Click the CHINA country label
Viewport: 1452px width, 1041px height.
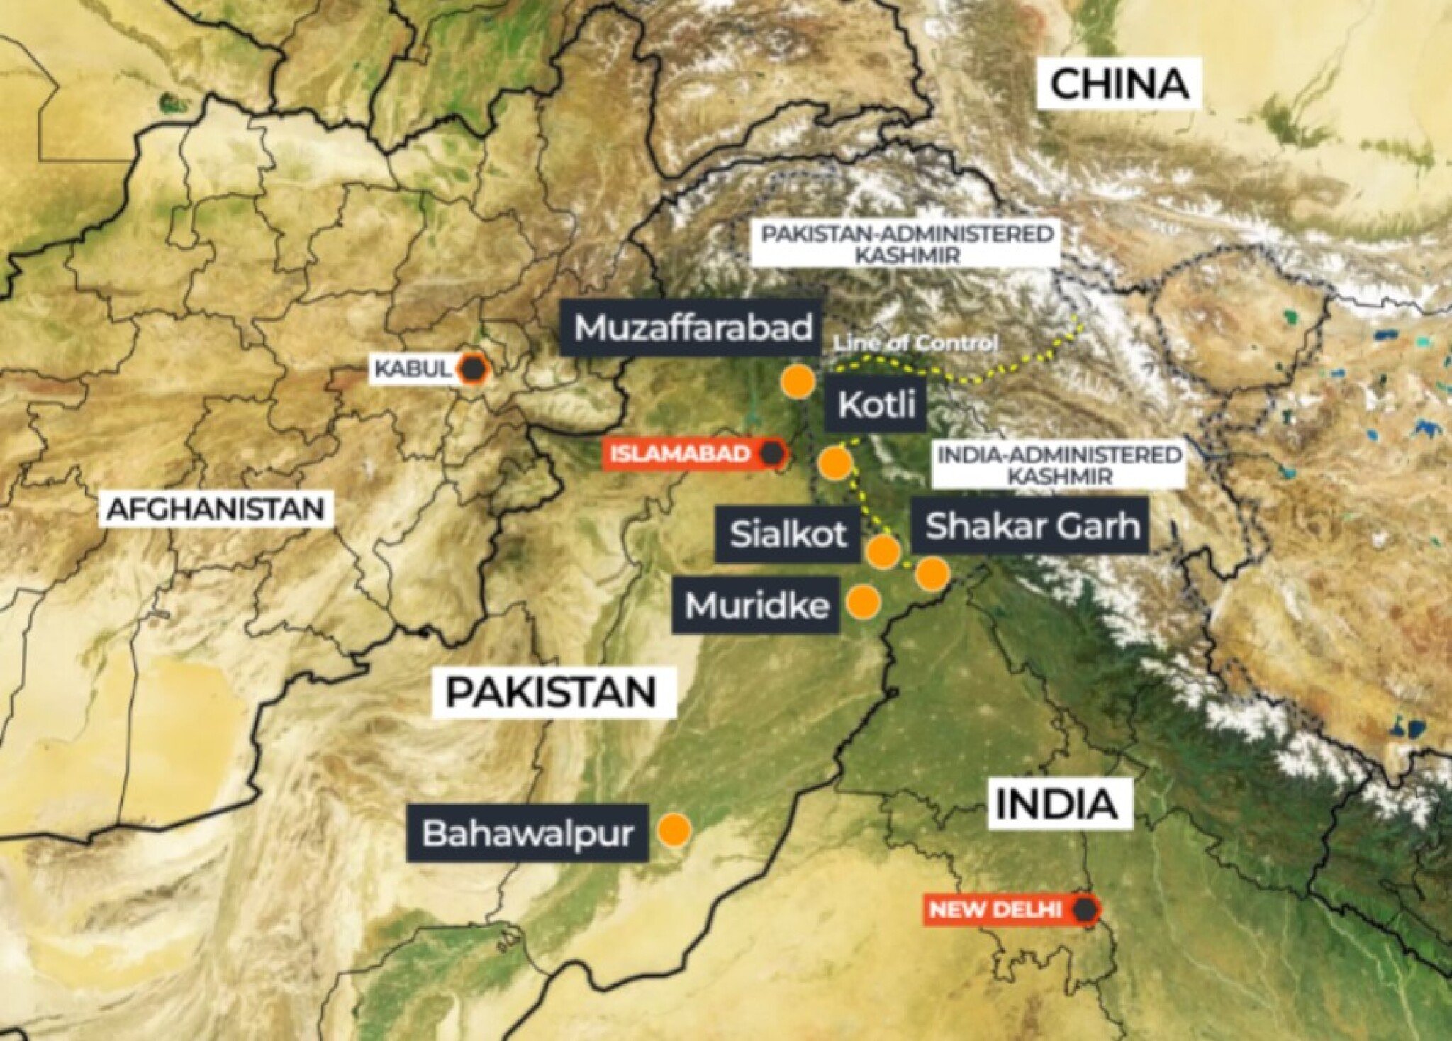(1119, 84)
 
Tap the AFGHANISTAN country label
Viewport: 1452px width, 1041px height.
(215, 509)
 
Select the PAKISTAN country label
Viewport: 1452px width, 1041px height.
(551, 691)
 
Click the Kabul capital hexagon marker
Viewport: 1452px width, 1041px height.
(471, 368)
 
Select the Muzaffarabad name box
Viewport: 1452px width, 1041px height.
(693, 328)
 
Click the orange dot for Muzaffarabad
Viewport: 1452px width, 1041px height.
(798, 381)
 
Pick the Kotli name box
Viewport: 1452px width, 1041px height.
(877, 406)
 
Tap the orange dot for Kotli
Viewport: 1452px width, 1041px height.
(834, 463)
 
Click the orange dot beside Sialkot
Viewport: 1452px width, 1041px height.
(883, 551)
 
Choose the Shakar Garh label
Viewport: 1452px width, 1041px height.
(1033, 526)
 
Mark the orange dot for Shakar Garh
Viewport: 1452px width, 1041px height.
(931, 573)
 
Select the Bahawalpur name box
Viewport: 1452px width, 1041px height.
(527, 833)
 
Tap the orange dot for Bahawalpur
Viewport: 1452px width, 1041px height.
(674, 829)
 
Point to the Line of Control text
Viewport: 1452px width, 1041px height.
(915, 344)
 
